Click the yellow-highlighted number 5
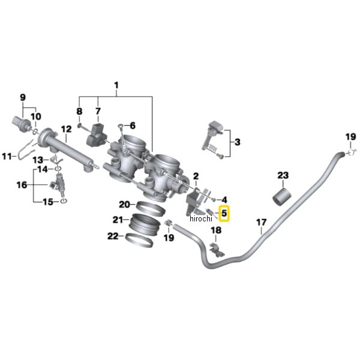[224, 212]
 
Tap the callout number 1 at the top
[117, 85]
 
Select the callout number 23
[283, 175]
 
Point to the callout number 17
[261, 225]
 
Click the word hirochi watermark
[200, 219]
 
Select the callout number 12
[66, 128]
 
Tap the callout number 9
[23, 97]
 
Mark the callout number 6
[132, 125]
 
